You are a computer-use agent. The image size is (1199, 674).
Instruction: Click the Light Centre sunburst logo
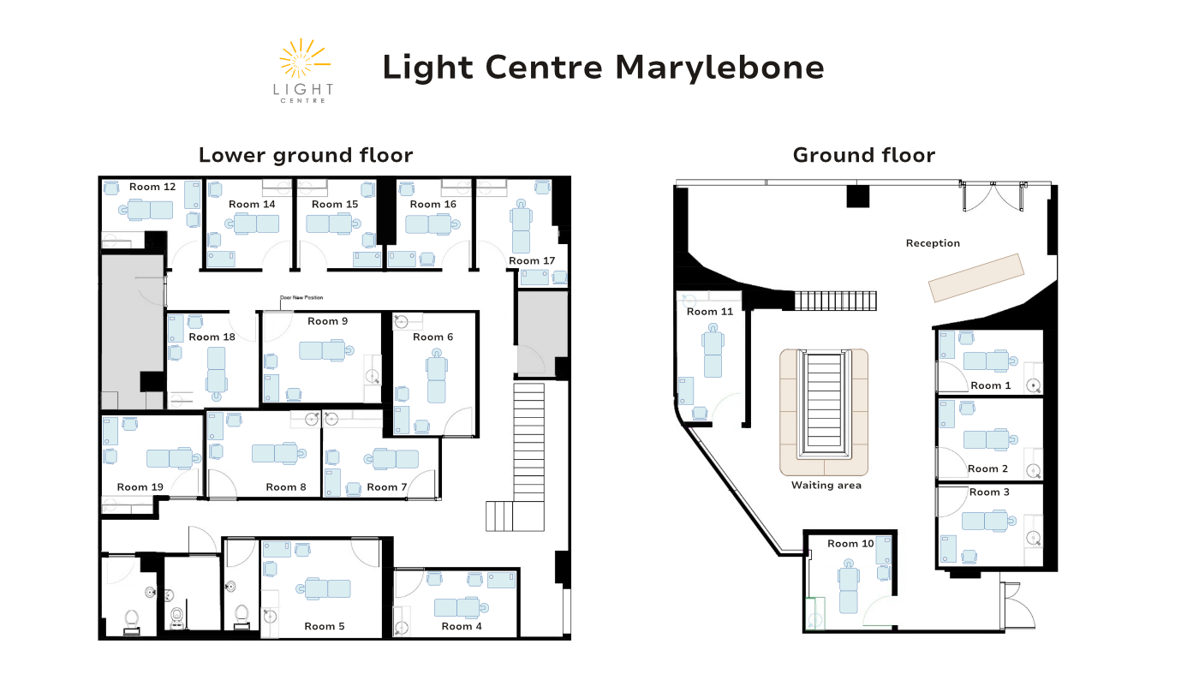[303, 70]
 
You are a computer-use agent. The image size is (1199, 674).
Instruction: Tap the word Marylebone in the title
[719, 68]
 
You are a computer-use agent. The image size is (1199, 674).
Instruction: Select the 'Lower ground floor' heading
[306, 155]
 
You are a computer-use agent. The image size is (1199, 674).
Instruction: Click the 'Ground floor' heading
[864, 155]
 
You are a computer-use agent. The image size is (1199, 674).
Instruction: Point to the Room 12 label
[152, 187]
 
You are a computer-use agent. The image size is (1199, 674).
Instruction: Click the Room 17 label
[532, 260]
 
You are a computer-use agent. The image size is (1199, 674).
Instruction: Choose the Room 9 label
[327, 321]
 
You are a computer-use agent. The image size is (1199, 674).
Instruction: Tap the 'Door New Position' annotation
[301, 298]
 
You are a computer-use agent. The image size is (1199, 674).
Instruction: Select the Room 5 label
[325, 626]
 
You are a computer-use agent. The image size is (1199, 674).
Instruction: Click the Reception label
[933, 243]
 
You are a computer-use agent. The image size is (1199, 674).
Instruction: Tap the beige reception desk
[976, 277]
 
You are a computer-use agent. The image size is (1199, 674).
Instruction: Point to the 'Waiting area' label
[826, 486]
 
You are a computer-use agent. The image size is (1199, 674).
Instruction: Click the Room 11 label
[710, 312]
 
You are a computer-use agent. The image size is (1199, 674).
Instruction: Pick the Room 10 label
[850, 544]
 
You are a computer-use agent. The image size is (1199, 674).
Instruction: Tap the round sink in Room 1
[1033, 385]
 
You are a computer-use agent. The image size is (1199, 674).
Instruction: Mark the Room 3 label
[989, 492]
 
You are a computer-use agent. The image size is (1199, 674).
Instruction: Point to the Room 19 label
[140, 487]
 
